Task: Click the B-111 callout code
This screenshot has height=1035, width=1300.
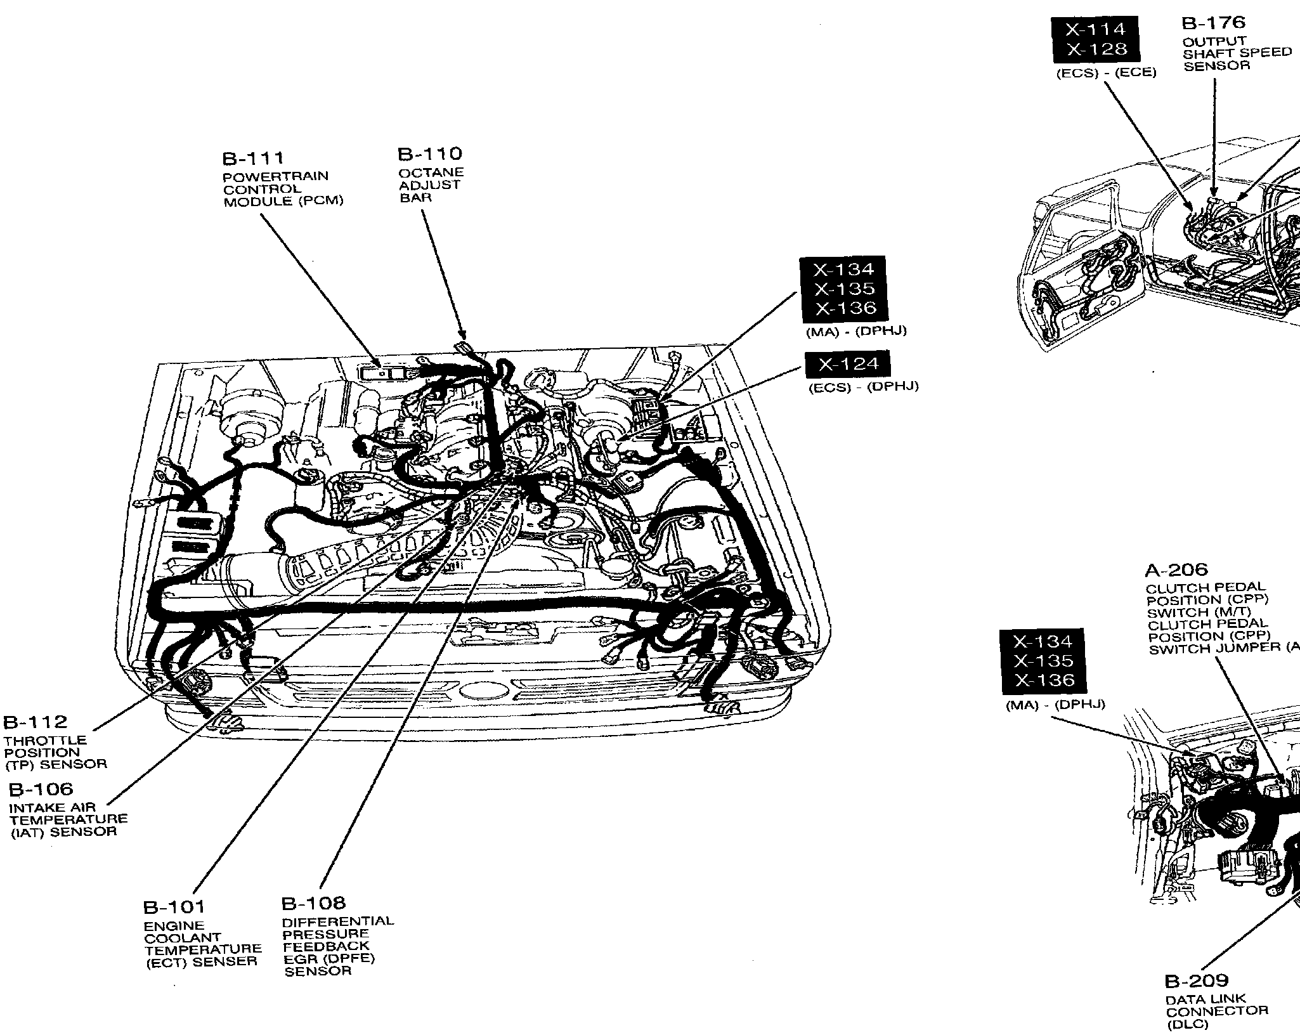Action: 252,158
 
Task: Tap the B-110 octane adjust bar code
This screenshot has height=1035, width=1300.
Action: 429,153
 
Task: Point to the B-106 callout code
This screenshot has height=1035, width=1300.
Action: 41,789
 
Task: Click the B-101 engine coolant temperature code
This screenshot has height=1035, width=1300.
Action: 174,907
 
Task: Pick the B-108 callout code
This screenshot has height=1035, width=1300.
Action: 313,902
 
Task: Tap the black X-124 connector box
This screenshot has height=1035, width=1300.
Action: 847,364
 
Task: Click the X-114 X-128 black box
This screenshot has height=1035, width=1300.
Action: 1095,39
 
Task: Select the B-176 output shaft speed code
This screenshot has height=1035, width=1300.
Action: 1213,23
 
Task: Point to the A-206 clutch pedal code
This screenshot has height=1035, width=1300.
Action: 1176,570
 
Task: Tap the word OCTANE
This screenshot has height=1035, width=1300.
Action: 431,172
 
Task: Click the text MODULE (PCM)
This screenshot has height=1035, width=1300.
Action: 283,201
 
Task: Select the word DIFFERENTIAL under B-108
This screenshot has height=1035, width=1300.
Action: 337,921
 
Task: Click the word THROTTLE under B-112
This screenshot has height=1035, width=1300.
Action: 46,740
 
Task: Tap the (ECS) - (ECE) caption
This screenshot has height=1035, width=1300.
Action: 1106,73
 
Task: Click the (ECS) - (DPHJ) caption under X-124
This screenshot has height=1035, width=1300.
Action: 862,387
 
